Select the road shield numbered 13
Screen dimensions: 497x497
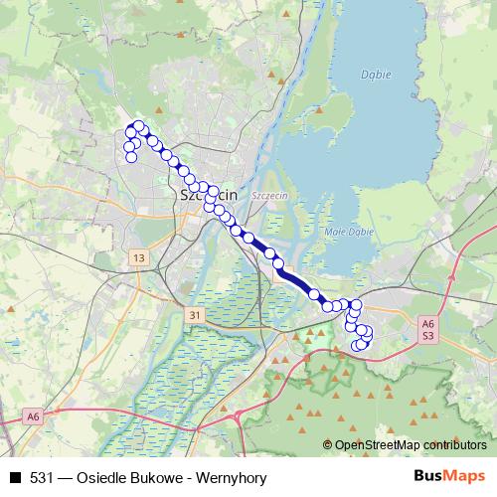[137, 258]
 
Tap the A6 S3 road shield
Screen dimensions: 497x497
[427, 330]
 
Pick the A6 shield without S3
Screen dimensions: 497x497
[33, 415]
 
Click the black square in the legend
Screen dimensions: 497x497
[15, 478]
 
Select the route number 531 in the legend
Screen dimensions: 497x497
[41, 478]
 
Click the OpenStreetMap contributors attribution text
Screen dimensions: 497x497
[398, 444]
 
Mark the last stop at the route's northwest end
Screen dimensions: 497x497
[131, 157]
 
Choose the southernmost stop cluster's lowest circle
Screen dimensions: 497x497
[357, 346]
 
